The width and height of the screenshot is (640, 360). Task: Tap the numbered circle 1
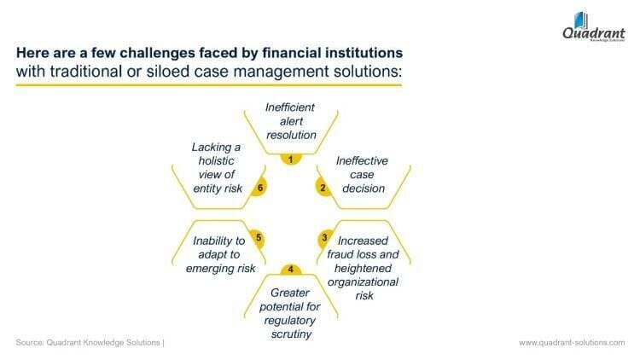click(x=291, y=159)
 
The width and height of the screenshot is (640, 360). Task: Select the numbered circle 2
click(x=323, y=189)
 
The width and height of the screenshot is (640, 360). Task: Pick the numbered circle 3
click(x=324, y=237)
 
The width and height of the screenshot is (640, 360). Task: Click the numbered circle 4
click(x=291, y=270)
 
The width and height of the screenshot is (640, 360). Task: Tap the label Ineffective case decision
click(x=361, y=174)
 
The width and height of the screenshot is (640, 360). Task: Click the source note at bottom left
click(x=89, y=342)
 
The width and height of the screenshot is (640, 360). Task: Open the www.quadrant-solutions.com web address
click(x=572, y=342)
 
